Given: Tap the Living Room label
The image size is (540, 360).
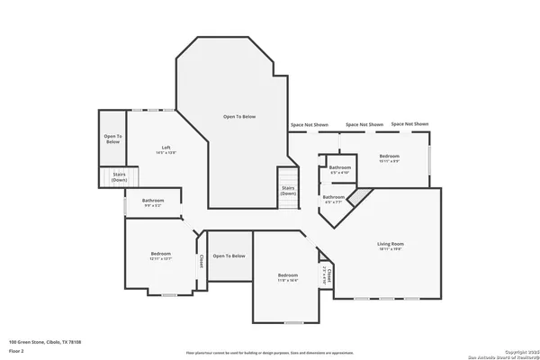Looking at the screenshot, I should [x=390, y=244].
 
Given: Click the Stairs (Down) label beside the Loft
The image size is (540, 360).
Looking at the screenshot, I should [x=119, y=177].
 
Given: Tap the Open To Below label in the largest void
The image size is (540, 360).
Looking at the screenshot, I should [x=240, y=117].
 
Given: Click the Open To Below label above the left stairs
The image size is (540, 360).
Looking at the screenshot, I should [x=112, y=139].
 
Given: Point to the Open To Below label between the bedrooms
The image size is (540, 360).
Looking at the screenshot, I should [x=229, y=256].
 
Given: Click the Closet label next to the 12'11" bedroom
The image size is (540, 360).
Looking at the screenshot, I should [x=201, y=261].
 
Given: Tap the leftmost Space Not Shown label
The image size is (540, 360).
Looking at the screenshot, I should [x=309, y=124].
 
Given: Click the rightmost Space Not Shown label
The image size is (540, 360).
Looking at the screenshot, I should [x=409, y=124].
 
